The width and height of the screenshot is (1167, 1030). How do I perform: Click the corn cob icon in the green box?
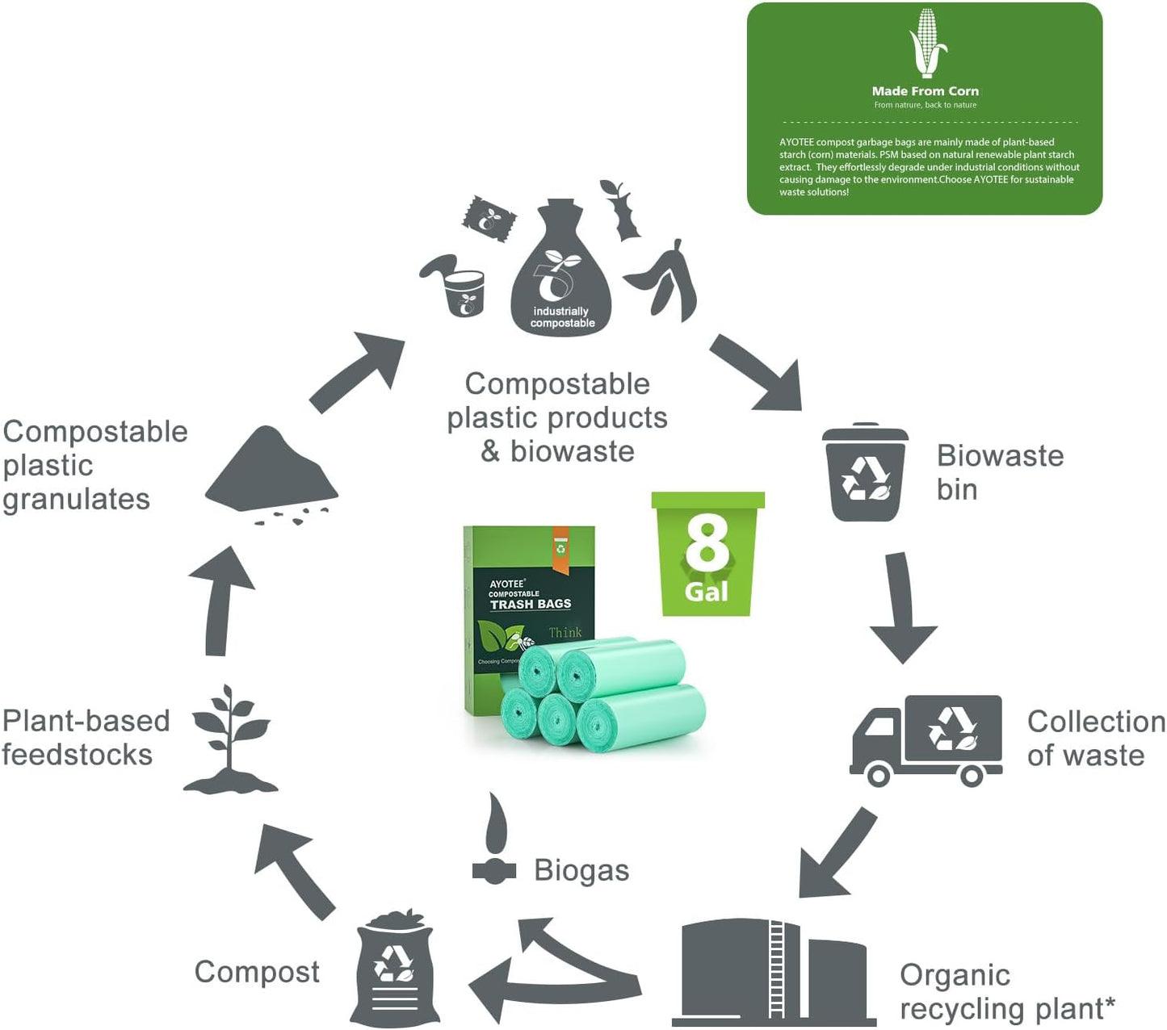(927, 43)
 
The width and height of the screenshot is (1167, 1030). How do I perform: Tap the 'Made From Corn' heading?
(925, 91)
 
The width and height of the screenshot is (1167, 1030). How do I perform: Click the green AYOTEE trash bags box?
(528, 597)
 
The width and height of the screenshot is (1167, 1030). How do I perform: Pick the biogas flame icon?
(494, 839)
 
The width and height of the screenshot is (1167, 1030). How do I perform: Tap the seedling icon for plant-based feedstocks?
(230, 739)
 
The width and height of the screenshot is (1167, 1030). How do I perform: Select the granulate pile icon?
(271, 473)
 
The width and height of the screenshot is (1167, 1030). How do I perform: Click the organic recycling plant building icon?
(771, 972)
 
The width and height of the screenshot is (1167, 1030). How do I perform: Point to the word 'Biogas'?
(581, 870)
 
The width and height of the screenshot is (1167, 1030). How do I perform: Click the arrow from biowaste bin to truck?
(902, 606)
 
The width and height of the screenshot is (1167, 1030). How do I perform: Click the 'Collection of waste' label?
(1095, 738)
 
